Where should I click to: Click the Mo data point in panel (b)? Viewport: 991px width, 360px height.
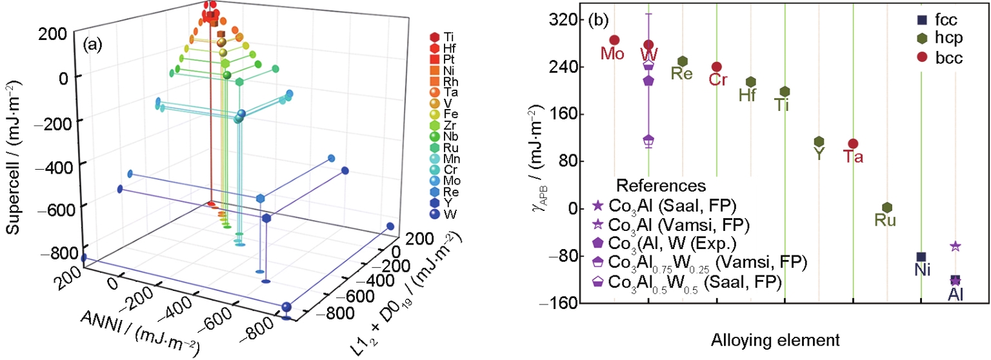click(x=614, y=40)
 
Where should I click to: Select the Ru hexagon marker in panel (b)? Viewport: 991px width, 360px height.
click(x=886, y=208)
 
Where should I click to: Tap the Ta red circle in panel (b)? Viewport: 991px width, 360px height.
click(x=853, y=144)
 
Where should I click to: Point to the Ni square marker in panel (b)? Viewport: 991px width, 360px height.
click(x=921, y=257)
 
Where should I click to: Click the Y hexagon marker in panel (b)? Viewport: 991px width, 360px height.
click(x=819, y=141)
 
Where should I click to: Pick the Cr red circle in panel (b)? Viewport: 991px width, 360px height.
click(x=717, y=67)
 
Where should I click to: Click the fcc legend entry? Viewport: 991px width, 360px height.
click(x=937, y=20)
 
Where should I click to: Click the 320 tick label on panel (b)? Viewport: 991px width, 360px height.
click(x=563, y=20)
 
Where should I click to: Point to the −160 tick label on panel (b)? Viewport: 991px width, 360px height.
click(x=558, y=303)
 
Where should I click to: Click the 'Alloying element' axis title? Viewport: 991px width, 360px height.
click(x=775, y=340)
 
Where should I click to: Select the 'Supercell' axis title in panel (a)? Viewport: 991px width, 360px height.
click(x=14, y=157)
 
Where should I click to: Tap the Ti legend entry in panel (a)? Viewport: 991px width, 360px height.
click(x=443, y=37)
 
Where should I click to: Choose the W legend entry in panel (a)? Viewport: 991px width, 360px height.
click(x=443, y=214)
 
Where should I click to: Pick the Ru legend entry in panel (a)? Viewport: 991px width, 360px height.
click(x=444, y=148)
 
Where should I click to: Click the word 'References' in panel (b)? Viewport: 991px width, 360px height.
click(x=661, y=186)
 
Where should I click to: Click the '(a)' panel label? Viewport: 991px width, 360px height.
click(x=93, y=45)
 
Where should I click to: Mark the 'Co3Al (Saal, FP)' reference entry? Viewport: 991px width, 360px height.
click(x=664, y=205)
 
